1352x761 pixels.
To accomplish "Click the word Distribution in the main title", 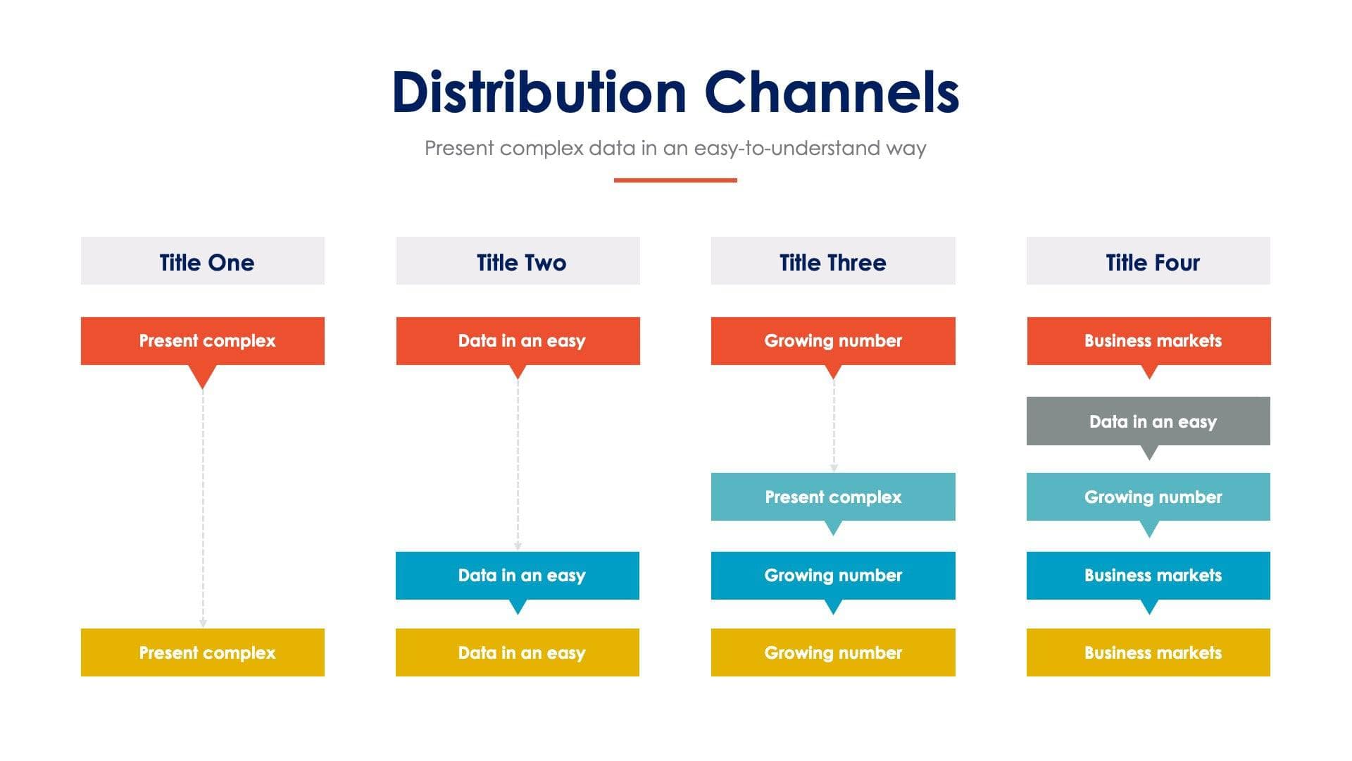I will (x=539, y=93).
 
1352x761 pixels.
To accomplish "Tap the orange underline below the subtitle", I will (x=675, y=180).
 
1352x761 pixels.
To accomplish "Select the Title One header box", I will (x=203, y=261).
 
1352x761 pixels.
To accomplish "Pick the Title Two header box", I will (x=518, y=261).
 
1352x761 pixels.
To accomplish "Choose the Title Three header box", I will (x=833, y=261).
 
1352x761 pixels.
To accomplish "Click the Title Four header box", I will (x=1148, y=261).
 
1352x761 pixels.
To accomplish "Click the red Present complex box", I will (x=203, y=341).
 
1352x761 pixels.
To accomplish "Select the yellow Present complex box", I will (x=203, y=652).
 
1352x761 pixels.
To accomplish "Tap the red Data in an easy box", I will (x=518, y=341).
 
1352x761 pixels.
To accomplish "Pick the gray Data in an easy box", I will (x=1148, y=421).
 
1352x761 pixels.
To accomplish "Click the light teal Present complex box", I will (x=833, y=497).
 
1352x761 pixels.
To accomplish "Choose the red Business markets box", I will (x=1148, y=341).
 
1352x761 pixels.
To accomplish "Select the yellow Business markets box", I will (x=1148, y=652).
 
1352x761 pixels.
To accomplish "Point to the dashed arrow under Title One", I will (x=203, y=507).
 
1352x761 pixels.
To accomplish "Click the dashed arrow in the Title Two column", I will (x=518, y=465).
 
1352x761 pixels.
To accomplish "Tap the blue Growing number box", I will (x=833, y=576).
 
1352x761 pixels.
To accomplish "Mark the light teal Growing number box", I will (x=1148, y=497).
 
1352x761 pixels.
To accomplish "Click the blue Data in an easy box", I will (x=518, y=576).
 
